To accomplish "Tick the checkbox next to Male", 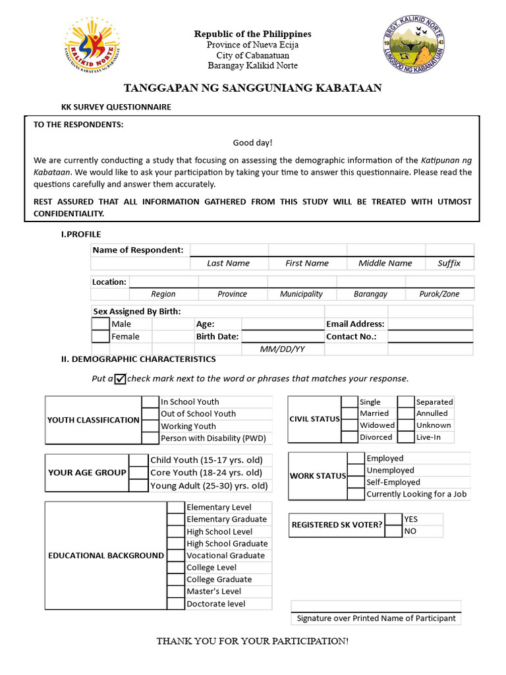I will pyautogui.click(x=100, y=324).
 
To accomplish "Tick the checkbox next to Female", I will pyautogui.click(x=100, y=336).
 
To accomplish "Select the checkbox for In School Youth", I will pyautogui.click(x=151, y=402).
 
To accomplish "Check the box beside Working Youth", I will pyautogui.click(x=151, y=426).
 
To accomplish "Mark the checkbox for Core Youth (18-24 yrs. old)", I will pyautogui.click(x=138, y=473).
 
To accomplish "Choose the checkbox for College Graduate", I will pyautogui.click(x=175, y=579).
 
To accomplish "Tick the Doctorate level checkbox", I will pyautogui.click(x=175, y=603).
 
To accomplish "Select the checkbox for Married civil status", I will pyautogui.click(x=349, y=413).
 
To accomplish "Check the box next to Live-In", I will pyautogui.click(x=406, y=437).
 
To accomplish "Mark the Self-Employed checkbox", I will pyautogui.click(x=356, y=482).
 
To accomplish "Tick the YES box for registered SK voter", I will pyautogui.click(x=393, y=519).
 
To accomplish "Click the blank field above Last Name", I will pyautogui.click(x=229, y=250).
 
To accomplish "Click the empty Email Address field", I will pyautogui.click(x=430, y=324).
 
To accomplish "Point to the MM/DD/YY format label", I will pyautogui.click(x=282, y=349).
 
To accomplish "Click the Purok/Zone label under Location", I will pyautogui.click(x=439, y=294).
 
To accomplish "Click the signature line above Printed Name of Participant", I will pyautogui.click(x=376, y=606).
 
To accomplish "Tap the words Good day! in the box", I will pyautogui.click(x=252, y=143).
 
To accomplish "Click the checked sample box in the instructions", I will pyautogui.click(x=120, y=378).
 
